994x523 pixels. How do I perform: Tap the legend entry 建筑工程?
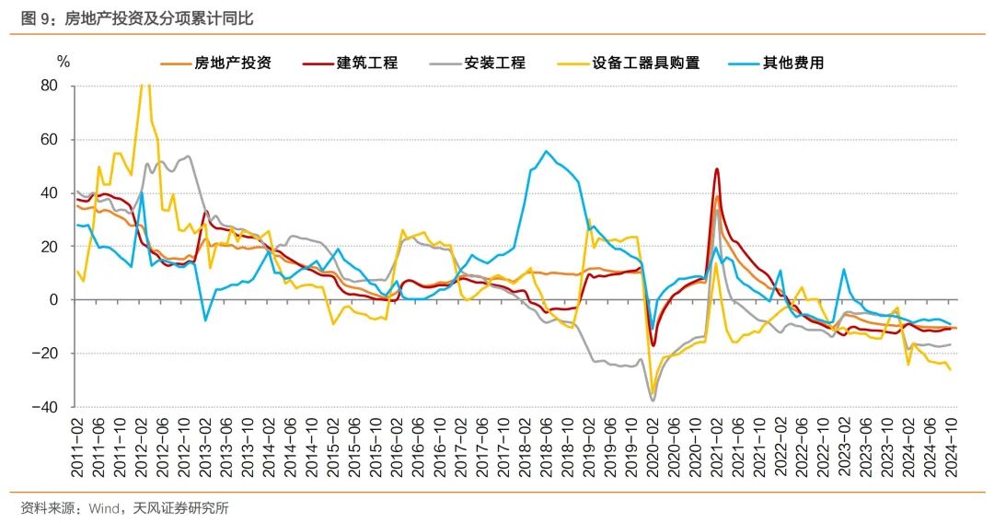[x=366, y=64]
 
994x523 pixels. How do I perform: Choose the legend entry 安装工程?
[x=494, y=64]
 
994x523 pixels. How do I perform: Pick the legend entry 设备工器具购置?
[x=645, y=64]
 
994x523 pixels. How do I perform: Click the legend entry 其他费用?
[x=792, y=64]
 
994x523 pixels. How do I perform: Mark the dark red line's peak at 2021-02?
[x=717, y=169]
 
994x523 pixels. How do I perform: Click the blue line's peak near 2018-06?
[x=547, y=151]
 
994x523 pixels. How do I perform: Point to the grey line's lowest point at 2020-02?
[x=653, y=401]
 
